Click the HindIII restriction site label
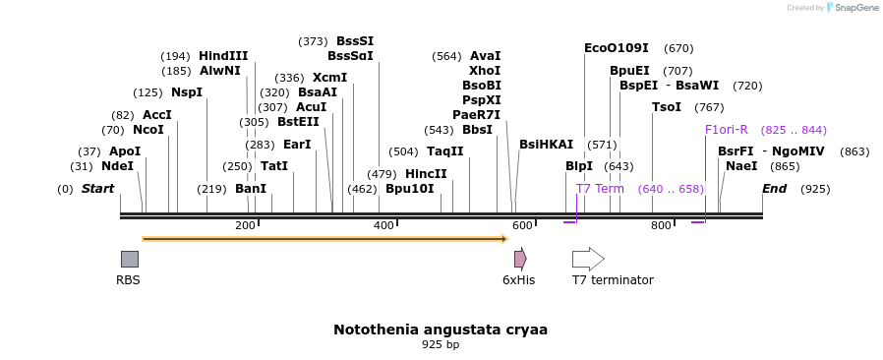pyautogui.click(x=223, y=56)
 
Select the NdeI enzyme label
pyautogui.click(x=117, y=166)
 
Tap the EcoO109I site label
pyautogui.click(x=617, y=48)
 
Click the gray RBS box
pyautogui.click(x=129, y=259)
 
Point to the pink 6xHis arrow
pyautogui.click(x=520, y=259)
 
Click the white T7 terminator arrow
pyautogui.click(x=588, y=259)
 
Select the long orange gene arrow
pyautogui.click(x=324, y=238)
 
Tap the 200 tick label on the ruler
pyautogui.click(x=245, y=225)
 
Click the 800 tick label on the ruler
pyautogui.click(x=661, y=225)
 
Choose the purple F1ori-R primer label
pyautogui.click(x=727, y=130)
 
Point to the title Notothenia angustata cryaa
pyautogui.click(x=441, y=330)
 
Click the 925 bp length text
pyautogui.click(x=441, y=345)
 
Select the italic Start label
pyautogui.click(x=97, y=189)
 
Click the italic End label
pyautogui.click(x=774, y=189)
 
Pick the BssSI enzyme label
pyautogui.click(x=355, y=41)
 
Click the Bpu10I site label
pyautogui.click(x=409, y=189)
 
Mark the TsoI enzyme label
pyautogui.click(x=666, y=107)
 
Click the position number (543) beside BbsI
pyautogui.click(x=439, y=130)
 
